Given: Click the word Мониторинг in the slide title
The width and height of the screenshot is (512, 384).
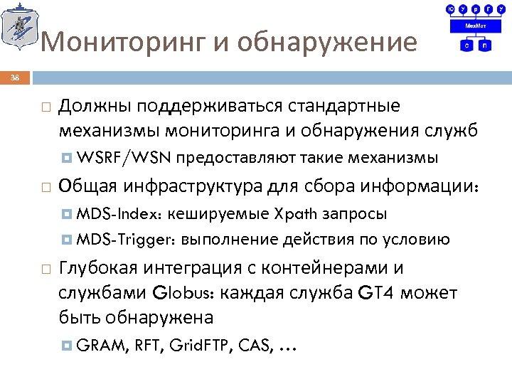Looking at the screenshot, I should coord(124,43).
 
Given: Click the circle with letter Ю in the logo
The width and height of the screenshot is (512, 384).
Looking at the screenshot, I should coord(450,9).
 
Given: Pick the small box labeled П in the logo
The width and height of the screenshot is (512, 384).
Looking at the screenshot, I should coord(484,46).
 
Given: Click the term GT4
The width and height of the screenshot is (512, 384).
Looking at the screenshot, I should coord(380,292).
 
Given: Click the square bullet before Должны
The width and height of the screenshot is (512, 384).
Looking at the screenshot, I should coord(46,107).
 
